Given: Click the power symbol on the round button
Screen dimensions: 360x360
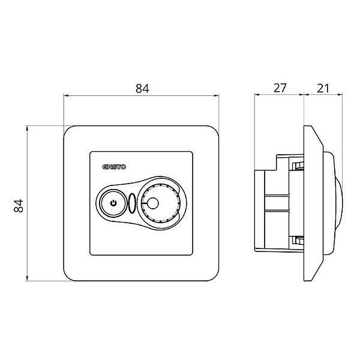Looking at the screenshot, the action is point(113,203).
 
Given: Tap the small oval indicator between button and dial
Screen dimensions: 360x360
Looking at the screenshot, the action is point(132,203).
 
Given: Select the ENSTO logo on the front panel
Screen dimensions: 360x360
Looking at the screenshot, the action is point(114,167).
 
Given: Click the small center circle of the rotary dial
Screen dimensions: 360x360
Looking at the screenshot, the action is point(152,203).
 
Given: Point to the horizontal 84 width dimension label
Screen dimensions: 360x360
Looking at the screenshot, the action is point(142,88).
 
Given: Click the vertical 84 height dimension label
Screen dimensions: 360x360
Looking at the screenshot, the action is point(19,206).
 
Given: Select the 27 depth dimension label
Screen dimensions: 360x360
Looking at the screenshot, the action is point(280,88).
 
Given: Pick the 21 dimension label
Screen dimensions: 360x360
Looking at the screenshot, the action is point(323,88).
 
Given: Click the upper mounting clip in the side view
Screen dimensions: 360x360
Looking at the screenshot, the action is point(298,166).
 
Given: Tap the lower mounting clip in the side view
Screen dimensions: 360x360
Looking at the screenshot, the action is point(298,241).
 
